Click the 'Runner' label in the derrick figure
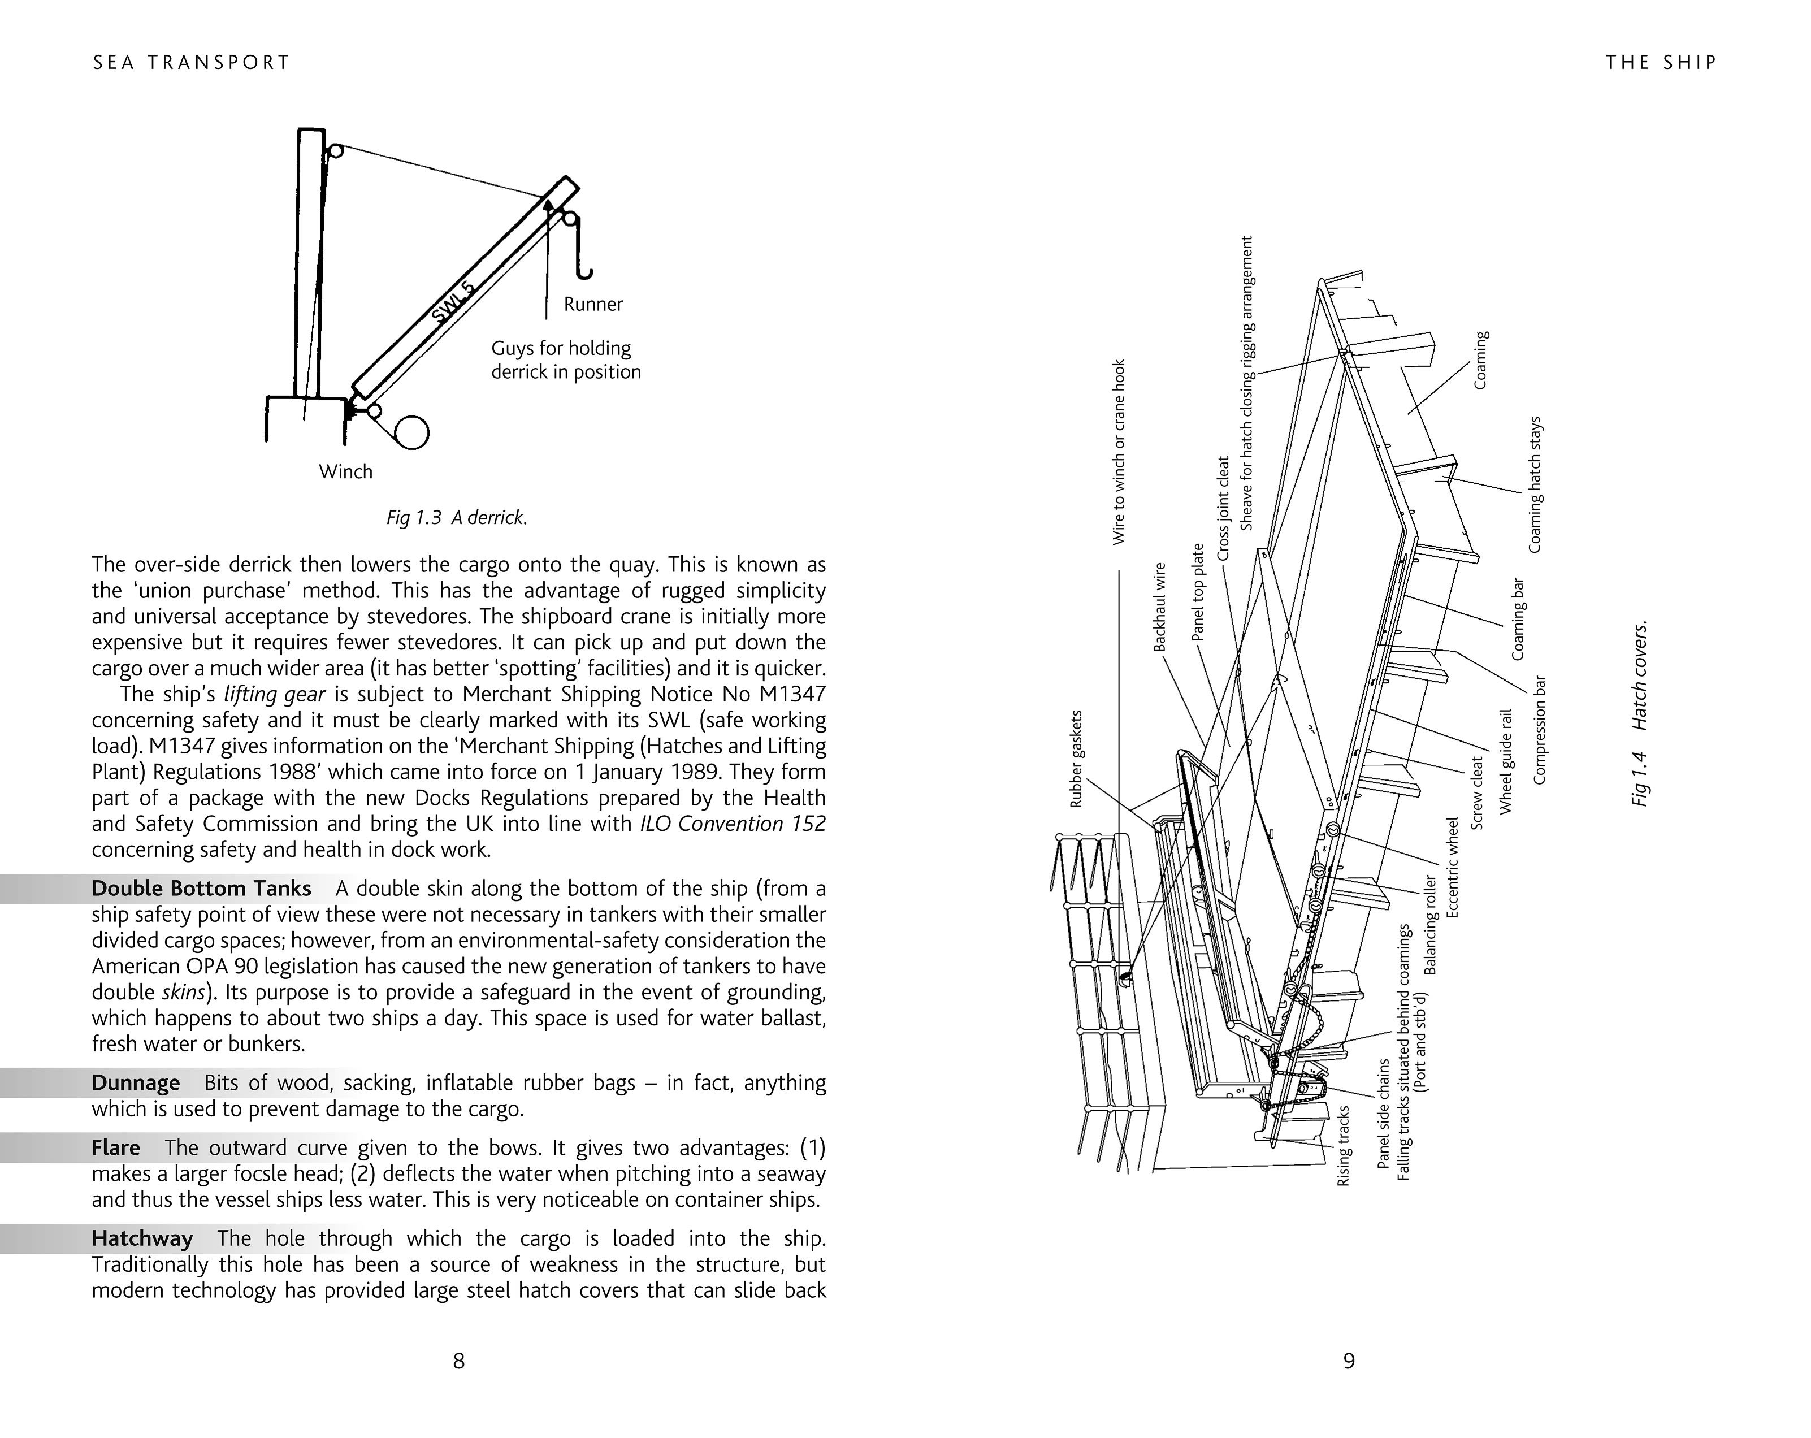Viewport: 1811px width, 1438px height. click(593, 304)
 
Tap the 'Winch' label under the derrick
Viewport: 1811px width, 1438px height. click(345, 471)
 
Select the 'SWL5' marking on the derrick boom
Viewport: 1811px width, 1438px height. click(453, 302)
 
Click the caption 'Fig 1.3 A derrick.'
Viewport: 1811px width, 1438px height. click(457, 517)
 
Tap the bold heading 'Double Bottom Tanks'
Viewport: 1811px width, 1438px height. click(202, 888)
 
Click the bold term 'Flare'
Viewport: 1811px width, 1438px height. click(116, 1147)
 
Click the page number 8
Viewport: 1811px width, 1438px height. click(458, 1361)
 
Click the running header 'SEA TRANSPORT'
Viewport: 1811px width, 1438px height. click(192, 62)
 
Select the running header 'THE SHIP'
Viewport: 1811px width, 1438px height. click(1661, 62)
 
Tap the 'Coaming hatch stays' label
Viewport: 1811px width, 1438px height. click(1535, 484)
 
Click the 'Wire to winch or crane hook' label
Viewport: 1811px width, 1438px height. click(1118, 452)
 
